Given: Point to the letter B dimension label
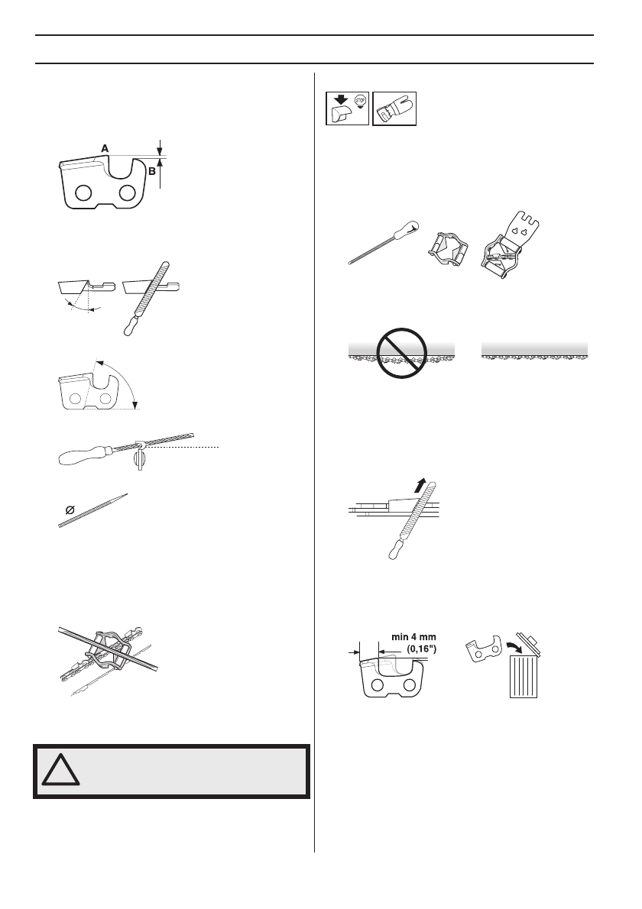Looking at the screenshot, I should (x=153, y=172).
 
